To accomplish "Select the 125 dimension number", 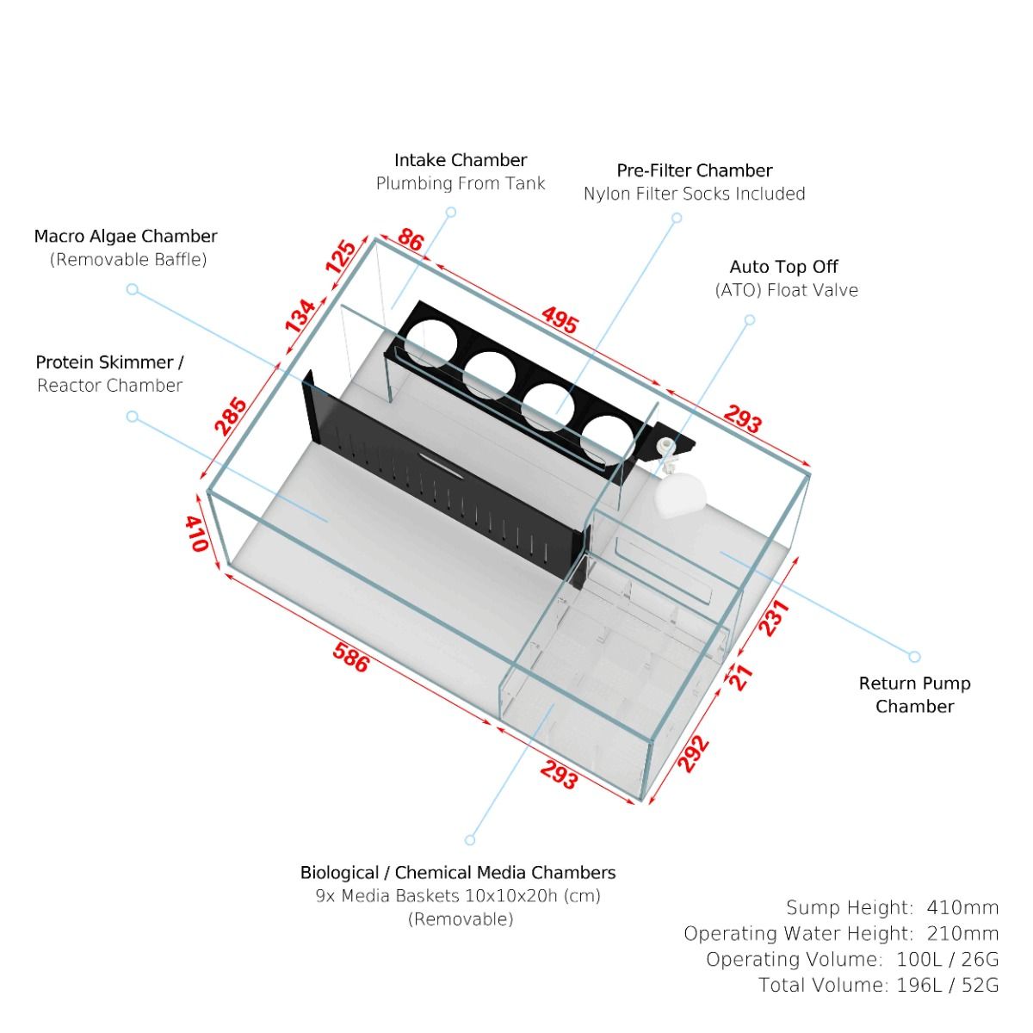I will click(341, 257).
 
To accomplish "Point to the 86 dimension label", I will click(411, 240).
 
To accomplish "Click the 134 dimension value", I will click(300, 316).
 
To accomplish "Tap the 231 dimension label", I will click(773, 618).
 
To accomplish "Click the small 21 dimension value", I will click(741, 677).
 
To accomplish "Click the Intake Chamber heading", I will click(461, 160).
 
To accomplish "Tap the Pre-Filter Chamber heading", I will click(695, 170).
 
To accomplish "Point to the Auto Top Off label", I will click(783, 267).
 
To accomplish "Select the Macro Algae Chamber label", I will click(126, 236).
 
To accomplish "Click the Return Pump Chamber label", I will click(914, 695).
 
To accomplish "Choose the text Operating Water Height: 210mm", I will click(841, 933).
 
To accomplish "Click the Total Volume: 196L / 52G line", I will click(878, 985).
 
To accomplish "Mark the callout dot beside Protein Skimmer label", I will click(133, 417).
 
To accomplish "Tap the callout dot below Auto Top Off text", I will click(750, 320).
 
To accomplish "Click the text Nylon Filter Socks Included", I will click(694, 194).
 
